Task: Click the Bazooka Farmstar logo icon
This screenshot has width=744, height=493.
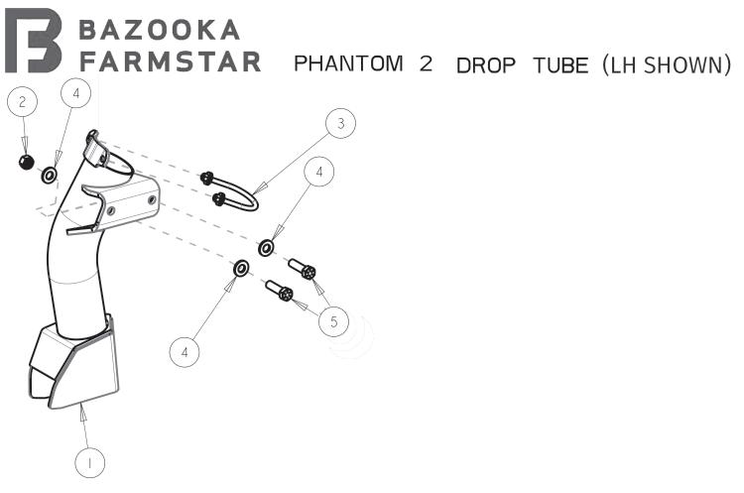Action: point(34,42)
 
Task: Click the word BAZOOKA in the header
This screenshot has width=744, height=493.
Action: point(159,29)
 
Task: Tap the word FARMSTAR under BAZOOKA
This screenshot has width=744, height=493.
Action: point(170,62)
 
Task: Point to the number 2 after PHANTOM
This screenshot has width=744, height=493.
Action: point(427,64)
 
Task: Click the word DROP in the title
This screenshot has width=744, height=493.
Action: point(489,65)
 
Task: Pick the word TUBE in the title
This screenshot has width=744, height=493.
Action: point(560,65)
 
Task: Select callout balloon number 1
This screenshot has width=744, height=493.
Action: point(90,461)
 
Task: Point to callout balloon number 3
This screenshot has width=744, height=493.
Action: point(340,124)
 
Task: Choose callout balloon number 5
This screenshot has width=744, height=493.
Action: point(334,321)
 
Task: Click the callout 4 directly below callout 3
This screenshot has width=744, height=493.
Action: point(319,172)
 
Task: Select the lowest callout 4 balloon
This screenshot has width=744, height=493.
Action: point(185,350)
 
